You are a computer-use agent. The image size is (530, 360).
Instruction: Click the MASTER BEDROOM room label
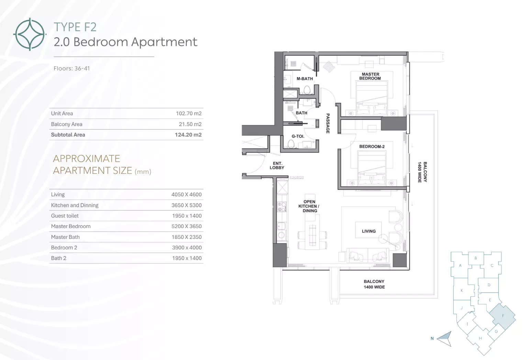point(370,76)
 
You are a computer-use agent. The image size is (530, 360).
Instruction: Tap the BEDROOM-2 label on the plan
point(372,147)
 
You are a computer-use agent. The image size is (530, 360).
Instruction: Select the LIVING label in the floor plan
point(369,231)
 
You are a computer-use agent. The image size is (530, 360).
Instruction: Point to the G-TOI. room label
point(298,136)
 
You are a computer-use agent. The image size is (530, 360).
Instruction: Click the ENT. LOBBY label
point(277,166)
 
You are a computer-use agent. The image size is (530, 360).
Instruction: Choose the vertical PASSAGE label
point(328,123)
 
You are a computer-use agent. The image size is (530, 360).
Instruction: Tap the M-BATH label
point(305,79)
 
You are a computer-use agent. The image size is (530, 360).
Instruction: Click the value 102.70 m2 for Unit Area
point(189,114)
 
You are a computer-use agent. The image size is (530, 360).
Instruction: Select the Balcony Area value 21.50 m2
point(190,124)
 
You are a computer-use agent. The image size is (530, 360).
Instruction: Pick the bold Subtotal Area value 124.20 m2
point(188,135)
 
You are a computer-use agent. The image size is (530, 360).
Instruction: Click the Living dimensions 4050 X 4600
point(186,194)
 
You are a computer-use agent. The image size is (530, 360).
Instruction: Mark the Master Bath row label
point(65,237)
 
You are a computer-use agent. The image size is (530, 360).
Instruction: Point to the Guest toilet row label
point(65,216)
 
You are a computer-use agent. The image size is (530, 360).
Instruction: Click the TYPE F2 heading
point(75,27)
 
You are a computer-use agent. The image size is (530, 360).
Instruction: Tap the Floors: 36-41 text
point(72,69)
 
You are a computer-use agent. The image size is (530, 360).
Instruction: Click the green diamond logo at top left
point(30,34)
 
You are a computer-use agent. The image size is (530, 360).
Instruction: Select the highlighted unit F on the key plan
point(503,316)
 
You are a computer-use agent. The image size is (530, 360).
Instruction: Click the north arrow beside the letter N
point(445,339)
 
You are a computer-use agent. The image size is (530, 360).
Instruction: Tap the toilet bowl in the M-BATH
point(307,90)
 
